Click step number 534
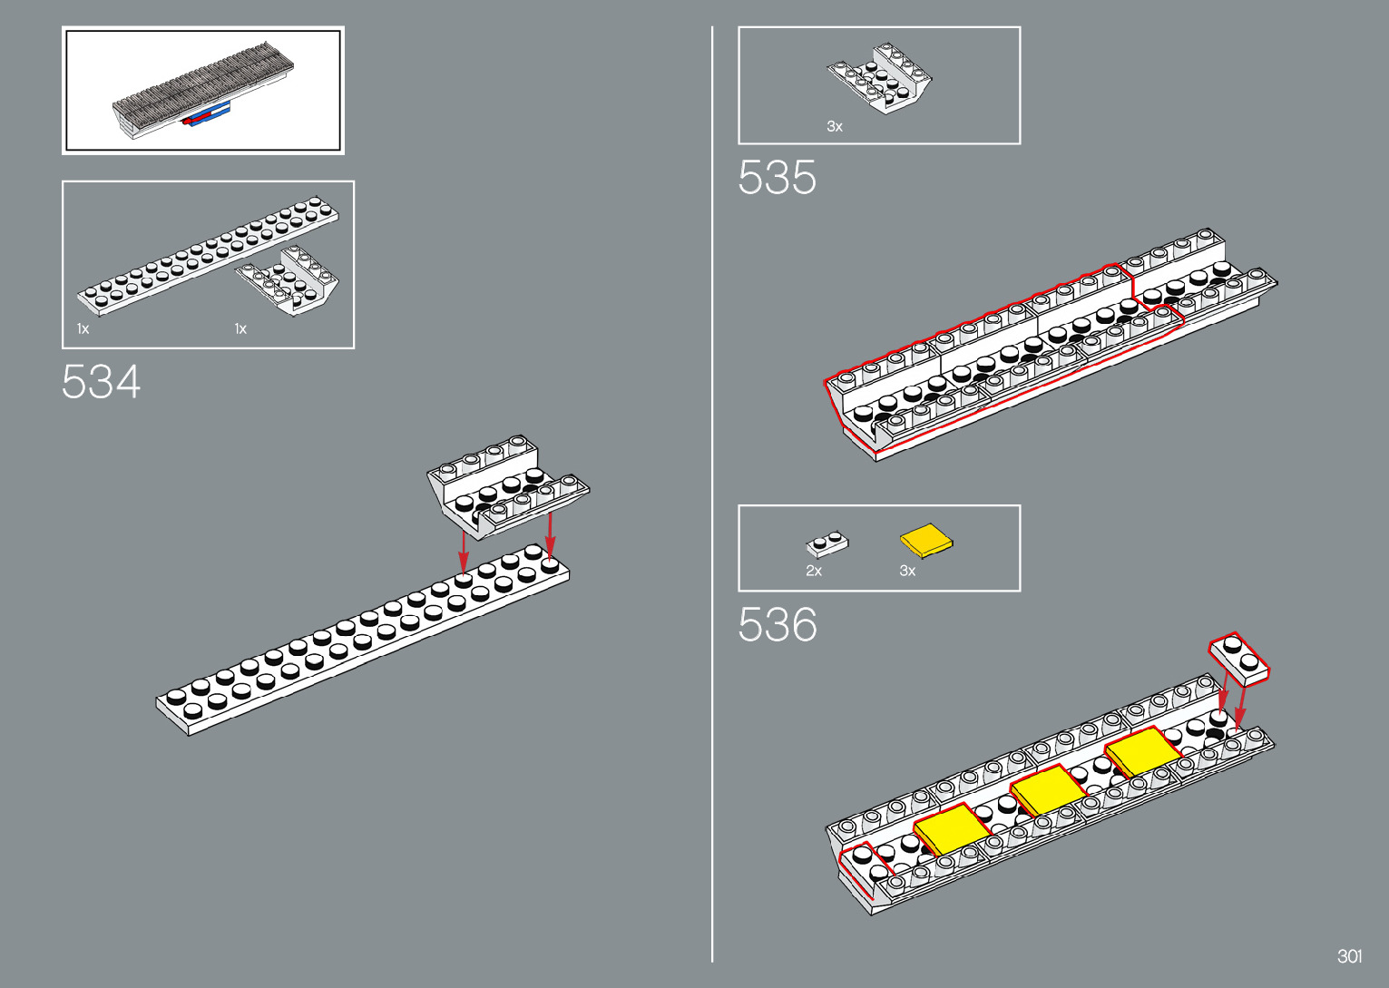point(101,382)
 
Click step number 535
point(777,177)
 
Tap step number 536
point(778,624)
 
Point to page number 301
point(1349,956)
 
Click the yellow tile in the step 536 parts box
point(926,541)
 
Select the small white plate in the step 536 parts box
point(827,544)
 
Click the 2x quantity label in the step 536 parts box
point(814,571)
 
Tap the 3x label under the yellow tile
point(907,571)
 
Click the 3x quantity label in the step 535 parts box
point(835,127)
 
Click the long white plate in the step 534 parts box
point(208,254)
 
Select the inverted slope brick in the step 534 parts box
point(289,280)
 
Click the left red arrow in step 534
point(464,552)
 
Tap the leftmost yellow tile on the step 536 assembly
point(951,828)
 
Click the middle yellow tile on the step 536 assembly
point(1048,789)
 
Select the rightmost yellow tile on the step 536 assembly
point(1143,752)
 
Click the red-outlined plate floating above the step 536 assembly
point(1239,658)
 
